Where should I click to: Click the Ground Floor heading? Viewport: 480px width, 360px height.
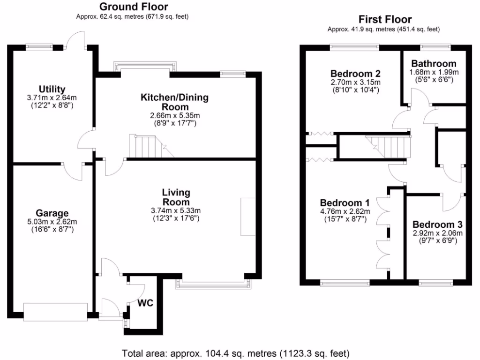134,7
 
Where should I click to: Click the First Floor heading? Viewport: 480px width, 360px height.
385,19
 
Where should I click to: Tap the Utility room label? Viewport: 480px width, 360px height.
52,89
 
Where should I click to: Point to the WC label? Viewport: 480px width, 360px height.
145,303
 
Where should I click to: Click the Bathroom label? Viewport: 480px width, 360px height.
434,64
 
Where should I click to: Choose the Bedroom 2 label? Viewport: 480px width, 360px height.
355,74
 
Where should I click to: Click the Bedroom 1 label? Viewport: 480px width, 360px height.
345,202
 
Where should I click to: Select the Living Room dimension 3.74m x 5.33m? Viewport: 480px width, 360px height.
176,210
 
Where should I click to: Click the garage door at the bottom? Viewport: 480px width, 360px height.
56,312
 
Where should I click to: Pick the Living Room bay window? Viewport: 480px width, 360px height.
213,284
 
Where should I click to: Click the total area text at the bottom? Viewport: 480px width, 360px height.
236,353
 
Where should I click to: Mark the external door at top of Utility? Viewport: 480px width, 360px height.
75,41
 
